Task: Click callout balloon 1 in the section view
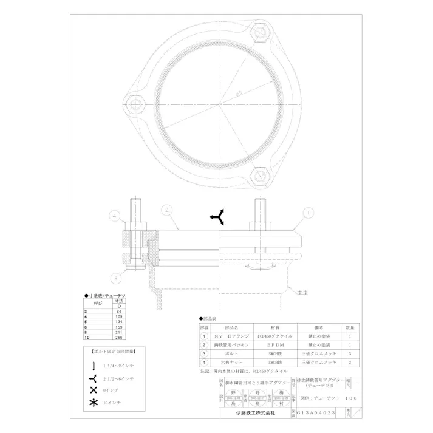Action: pyautogui.click(x=308, y=213)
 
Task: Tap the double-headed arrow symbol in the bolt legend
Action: pyautogui.click(x=94, y=365)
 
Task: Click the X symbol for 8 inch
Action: pyautogui.click(x=94, y=389)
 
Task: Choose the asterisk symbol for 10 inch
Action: pyautogui.click(x=94, y=401)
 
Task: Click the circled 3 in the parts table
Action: pyautogui.click(x=205, y=353)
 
